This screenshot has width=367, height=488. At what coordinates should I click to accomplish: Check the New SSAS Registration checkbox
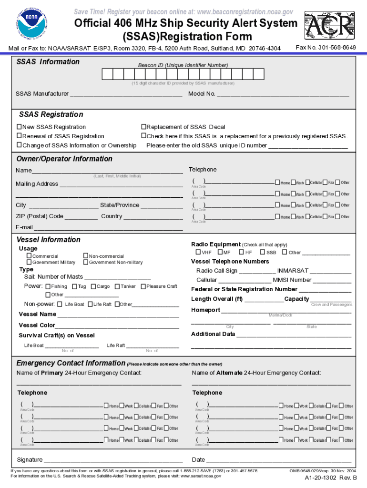20,127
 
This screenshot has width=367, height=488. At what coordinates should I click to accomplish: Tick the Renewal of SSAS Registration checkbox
20,136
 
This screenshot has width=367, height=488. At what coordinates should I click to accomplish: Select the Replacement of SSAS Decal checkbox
143,127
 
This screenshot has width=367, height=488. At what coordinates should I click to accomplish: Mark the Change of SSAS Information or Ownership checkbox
20,145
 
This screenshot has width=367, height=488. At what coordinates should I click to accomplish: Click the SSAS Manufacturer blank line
126,94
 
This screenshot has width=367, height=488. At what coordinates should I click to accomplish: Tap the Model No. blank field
283,94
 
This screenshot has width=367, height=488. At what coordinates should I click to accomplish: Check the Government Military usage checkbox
29,262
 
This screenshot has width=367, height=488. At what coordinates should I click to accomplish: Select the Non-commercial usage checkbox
86,256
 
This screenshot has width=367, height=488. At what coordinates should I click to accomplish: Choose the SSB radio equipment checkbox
263,252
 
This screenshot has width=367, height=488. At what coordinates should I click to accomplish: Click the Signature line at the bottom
112,460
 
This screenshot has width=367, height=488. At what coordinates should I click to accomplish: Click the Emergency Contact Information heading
71,363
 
